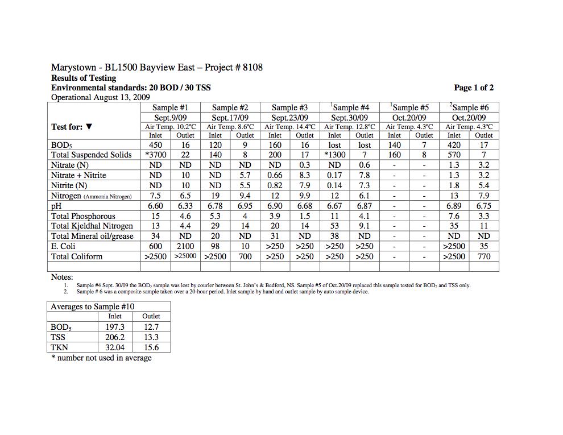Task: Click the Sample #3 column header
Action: (289, 107)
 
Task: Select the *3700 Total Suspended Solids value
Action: (155, 155)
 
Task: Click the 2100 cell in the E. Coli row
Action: (185, 247)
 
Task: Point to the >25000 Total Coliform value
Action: (185, 257)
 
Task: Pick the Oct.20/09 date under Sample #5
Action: (409, 118)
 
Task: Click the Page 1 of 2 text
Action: (474, 88)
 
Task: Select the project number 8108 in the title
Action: (252, 68)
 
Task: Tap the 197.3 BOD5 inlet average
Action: (115, 327)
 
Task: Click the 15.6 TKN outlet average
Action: (151, 347)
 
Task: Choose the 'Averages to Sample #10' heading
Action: (93, 306)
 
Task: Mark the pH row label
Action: (55, 206)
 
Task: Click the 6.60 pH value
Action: (155, 206)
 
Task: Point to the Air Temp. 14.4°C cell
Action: (289, 127)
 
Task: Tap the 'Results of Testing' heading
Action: (84, 78)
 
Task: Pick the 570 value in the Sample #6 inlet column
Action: (454, 155)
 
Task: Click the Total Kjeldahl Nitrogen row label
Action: (92, 226)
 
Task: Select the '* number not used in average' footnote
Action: (101, 358)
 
